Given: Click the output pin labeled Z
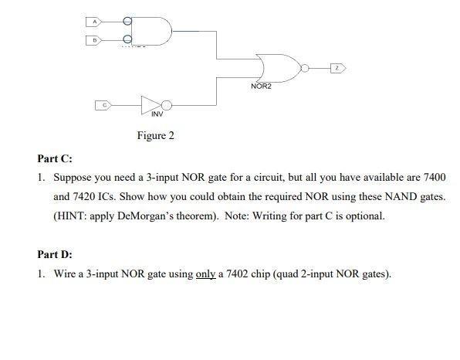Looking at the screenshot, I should tap(336, 69).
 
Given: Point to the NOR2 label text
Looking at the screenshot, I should tap(261, 87).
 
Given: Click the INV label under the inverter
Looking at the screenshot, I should tap(157, 114).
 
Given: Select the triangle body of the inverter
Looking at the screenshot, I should tap(150, 103).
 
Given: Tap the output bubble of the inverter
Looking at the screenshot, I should tap(164, 103).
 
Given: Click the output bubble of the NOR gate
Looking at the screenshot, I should tap(306, 69).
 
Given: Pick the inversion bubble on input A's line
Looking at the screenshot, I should tap(127, 22).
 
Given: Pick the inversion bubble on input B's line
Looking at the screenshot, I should tap(127, 39).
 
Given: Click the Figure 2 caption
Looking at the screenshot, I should tap(155, 136).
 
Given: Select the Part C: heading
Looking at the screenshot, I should tap(55, 158).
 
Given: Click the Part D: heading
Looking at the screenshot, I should tap(55, 254).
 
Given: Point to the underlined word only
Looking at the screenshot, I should tap(205, 273).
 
